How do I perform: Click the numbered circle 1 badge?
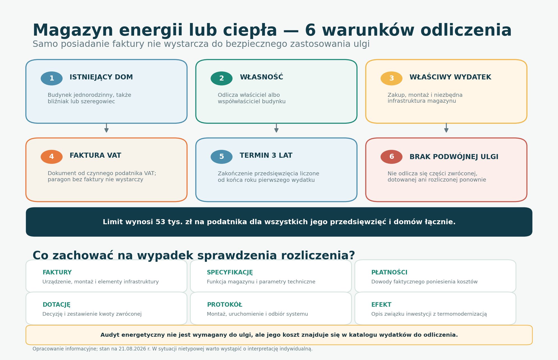(x=52, y=78)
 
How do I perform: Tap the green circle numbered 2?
(x=221, y=78)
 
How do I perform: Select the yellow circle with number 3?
(x=392, y=78)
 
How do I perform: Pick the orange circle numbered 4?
(x=52, y=157)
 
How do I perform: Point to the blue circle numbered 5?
(x=221, y=157)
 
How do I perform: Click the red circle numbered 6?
(x=392, y=157)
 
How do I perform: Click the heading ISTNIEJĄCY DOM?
(x=101, y=77)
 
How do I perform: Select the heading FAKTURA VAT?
(x=95, y=155)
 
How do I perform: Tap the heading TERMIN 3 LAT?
(x=266, y=155)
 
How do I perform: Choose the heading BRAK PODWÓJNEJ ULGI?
(x=454, y=157)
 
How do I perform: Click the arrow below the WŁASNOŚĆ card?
(x=276, y=128)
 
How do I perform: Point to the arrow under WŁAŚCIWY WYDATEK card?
(x=446, y=128)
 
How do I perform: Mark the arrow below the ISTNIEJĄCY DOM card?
(x=106, y=128)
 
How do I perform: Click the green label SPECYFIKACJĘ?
(x=230, y=272)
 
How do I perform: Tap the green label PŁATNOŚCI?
(x=389, y=272)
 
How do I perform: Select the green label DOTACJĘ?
(x=56, y=305)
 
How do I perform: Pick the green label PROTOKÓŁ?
(x=225, y=304)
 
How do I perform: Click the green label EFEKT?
(x=381, y=305)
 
